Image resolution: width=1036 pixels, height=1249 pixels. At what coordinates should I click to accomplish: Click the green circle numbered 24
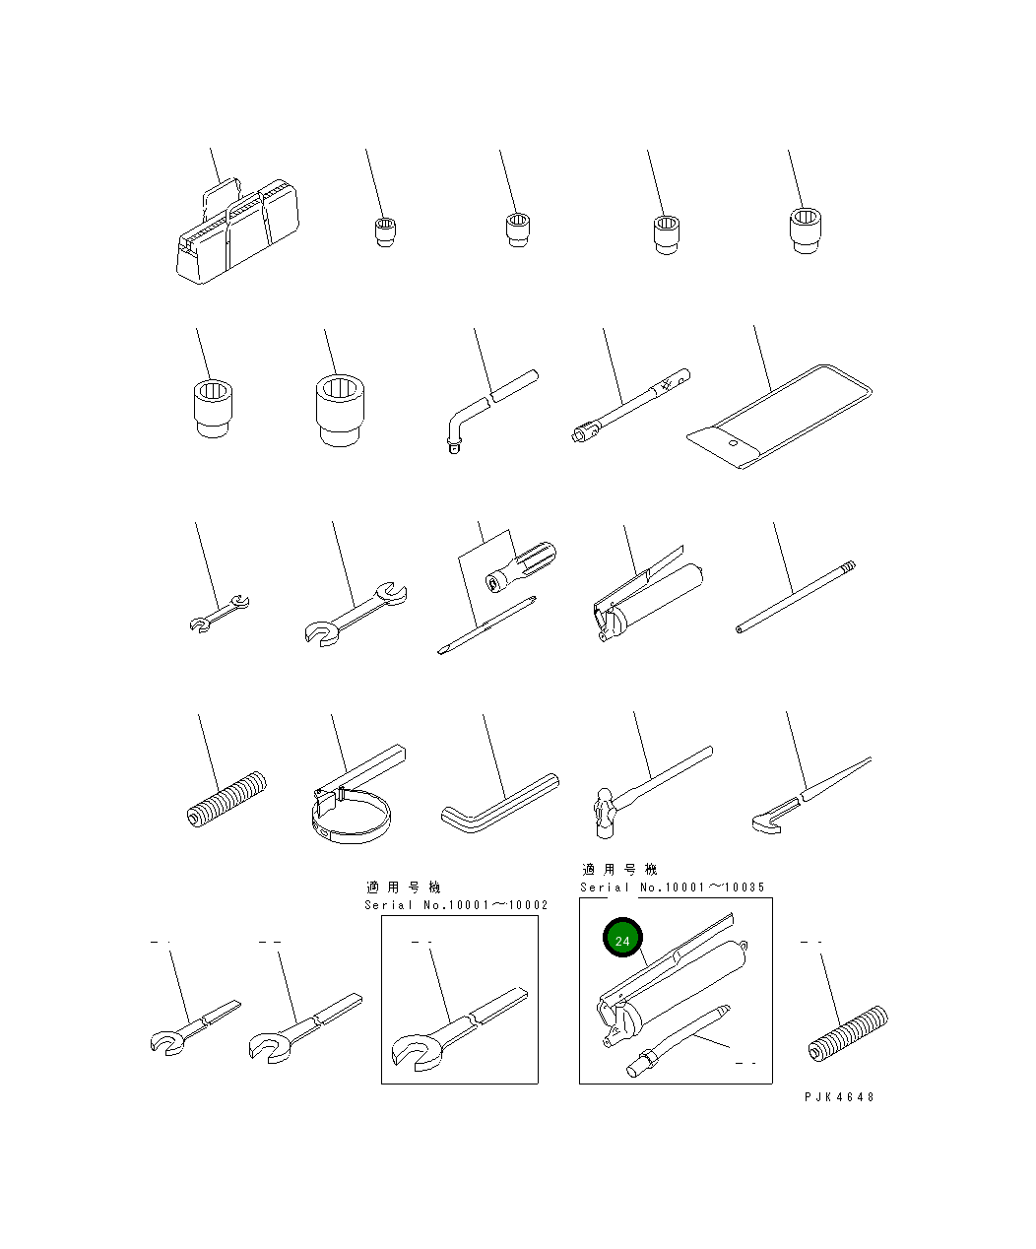(622, 937)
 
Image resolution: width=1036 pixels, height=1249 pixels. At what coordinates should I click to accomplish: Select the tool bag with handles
(237, 230)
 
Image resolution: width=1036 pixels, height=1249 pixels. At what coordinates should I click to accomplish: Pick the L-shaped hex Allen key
(500, 802)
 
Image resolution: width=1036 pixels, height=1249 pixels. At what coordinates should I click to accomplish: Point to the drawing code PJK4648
(839, 1097)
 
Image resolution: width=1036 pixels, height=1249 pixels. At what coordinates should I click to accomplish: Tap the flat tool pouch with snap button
(779, 417)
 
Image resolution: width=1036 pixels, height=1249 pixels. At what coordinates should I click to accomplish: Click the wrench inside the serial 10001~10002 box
(459, 1028)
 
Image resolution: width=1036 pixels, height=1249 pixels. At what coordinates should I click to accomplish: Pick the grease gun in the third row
(648, 593)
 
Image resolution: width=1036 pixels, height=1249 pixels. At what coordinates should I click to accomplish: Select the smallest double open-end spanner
(220, 613)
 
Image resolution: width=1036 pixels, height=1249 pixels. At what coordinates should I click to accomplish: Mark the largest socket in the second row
(340, 411)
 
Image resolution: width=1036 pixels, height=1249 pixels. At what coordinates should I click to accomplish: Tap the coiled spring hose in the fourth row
(227, 799)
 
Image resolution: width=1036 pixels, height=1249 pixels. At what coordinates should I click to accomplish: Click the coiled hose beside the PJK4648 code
(848, 1033)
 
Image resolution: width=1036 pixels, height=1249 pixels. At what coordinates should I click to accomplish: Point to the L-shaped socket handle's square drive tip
(454, 445)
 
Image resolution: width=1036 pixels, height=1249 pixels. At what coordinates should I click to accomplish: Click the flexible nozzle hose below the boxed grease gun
(679, 1041)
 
